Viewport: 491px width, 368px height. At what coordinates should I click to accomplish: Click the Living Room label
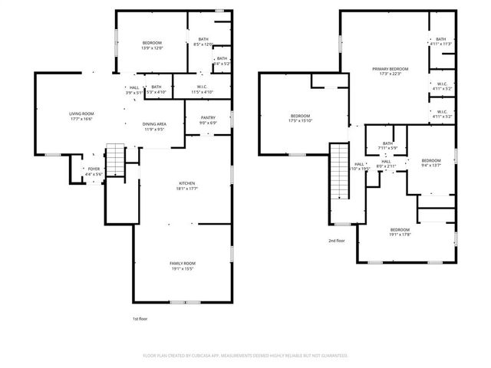(x=81, y=116)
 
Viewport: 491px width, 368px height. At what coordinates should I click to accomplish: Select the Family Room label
(x=183, y=265)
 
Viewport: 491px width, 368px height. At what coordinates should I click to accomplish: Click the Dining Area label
(x=153, y=127)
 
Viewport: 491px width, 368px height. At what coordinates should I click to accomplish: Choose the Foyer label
(x=94, y=170)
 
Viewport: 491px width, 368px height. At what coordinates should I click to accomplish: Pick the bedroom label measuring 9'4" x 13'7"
(x=431, y=162)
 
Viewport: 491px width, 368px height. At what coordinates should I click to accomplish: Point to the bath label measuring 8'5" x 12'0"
(x=203, y=42)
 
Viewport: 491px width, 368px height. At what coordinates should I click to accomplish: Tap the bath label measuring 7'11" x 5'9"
(x=387, y=146)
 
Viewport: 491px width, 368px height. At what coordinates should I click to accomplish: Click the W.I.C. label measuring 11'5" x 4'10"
(x=203, y=89)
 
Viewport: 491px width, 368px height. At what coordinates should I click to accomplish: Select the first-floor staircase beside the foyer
(x=114, y=160)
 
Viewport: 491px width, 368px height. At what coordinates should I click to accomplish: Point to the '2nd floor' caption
(x=337, y=241)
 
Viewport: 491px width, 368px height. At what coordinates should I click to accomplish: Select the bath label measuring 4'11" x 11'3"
(x=440, y=42)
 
